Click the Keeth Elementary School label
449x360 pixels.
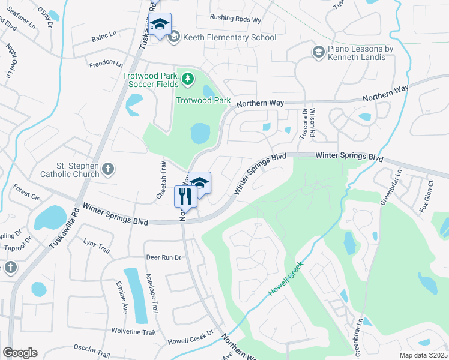click(x=231, y=38)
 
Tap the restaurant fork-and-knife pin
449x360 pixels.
click(x=185, y=196)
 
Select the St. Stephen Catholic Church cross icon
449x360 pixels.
click(x=107, y=169)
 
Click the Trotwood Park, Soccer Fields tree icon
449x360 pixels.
click(x=188, y=78)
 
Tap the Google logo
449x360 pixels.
click(x=20, y=353)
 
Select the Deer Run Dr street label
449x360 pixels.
click(x=163, y=257)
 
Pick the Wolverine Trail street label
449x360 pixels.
click(x=134, y=331)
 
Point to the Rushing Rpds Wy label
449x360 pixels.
click(x=235, y=20)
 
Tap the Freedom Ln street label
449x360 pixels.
click(x=106, y=63)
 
